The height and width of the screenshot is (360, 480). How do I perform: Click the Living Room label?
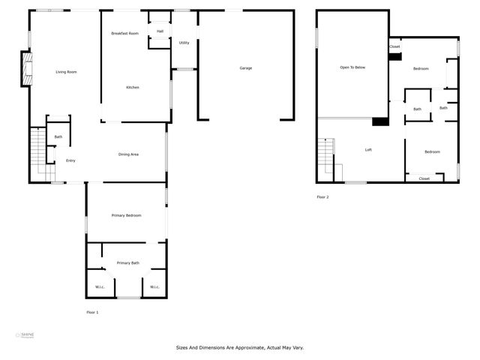[x=67, y=72]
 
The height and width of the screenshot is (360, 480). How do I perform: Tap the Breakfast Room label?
[x=124, y=34]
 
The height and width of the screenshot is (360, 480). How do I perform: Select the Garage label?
[x=245, y=68]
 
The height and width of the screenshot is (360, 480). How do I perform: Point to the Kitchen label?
[x=132, y=88]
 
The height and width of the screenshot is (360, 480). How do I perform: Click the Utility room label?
[x=184, y=43]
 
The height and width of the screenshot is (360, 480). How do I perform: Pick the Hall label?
[x=160, y=31]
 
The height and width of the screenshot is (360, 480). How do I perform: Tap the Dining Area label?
[x=129, y=154]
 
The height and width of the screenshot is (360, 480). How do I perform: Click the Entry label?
[x=70, y=160]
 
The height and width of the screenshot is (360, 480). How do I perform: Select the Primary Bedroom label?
[x=127, y=215]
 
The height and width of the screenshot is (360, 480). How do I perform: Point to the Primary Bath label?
[x=127, y=263]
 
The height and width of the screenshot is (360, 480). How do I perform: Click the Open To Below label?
[x=352, y=67]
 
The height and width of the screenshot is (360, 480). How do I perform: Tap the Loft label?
[x=368, y=150]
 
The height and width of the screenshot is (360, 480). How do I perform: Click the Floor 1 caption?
[x=92, y=312]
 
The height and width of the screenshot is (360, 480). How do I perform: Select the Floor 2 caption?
[x=322, y=197]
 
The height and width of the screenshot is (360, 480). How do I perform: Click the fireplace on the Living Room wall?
[x=26, y=69]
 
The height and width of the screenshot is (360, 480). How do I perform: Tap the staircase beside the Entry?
[x=37, y=154]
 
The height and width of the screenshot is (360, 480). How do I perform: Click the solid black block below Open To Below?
[x=381, y=122]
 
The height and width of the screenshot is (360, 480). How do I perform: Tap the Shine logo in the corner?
[x=25, y=335]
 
